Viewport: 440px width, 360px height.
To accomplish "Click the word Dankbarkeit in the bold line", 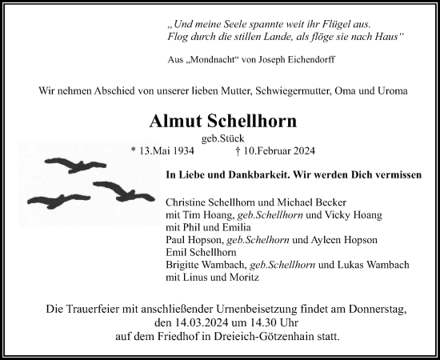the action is [246, 174].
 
